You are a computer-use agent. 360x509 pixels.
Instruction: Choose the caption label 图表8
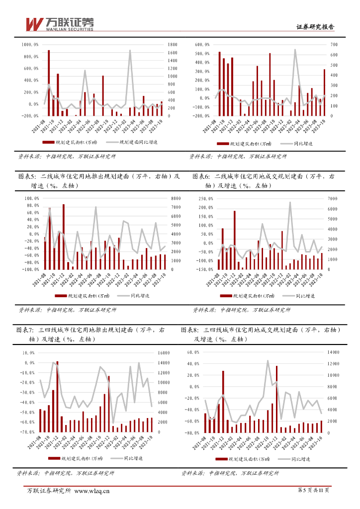coord(190,330)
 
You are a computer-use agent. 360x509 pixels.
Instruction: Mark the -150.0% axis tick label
coord(204,269)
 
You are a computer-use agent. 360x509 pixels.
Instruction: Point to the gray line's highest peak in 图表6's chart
coord(290,202)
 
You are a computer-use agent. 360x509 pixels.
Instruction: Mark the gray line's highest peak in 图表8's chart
coord(268,361)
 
